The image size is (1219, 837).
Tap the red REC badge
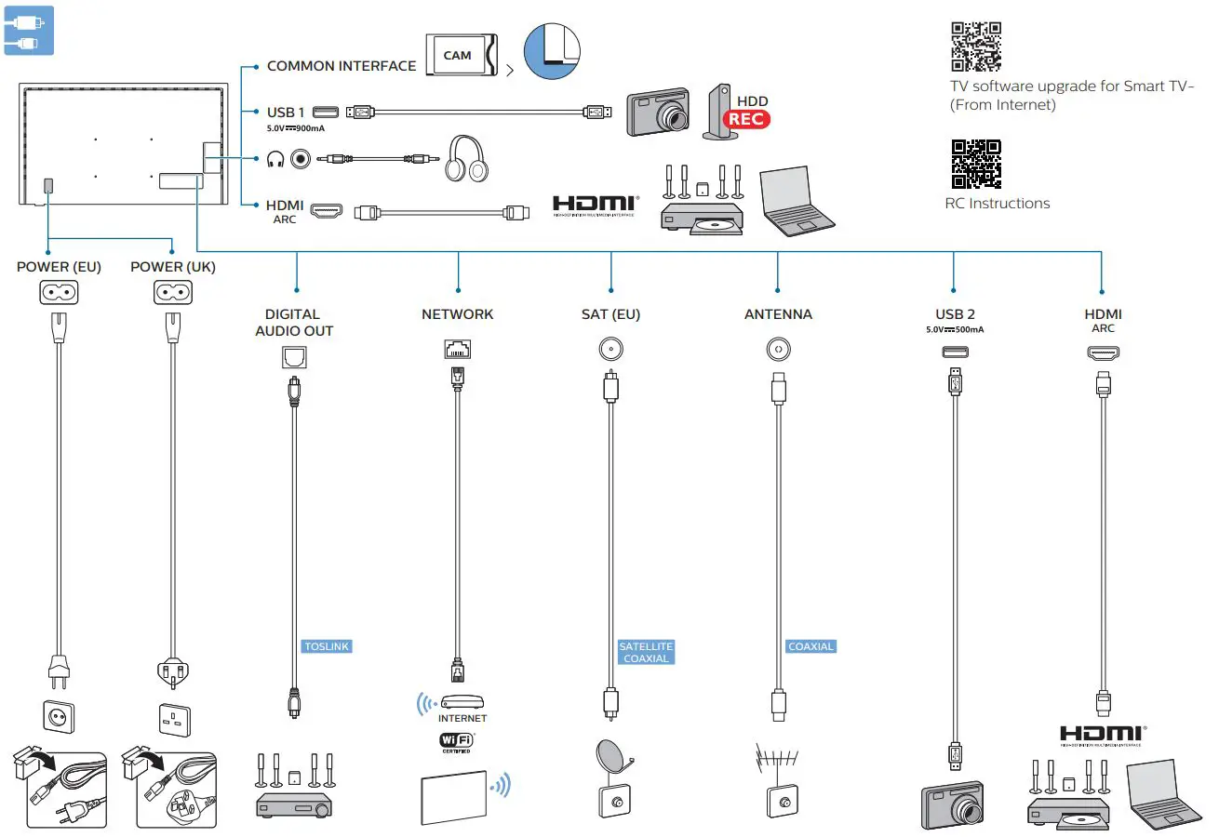click(749, 119)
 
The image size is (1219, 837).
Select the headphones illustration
click(467, 159)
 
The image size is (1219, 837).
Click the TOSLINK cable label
click(328, 646)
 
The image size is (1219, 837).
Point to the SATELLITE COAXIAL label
click(646, 652)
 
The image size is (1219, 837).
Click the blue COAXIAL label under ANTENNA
click(810, 646)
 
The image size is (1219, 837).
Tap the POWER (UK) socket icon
click(172, 293)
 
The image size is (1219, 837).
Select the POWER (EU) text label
click(59, 267)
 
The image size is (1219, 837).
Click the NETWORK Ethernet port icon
click(458, 350)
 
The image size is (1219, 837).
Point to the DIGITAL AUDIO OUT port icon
click(293, 355)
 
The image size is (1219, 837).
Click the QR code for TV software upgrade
click(976, 46)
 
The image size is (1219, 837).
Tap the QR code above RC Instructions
click(976, 164)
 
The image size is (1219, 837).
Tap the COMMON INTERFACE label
click(342, 66)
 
